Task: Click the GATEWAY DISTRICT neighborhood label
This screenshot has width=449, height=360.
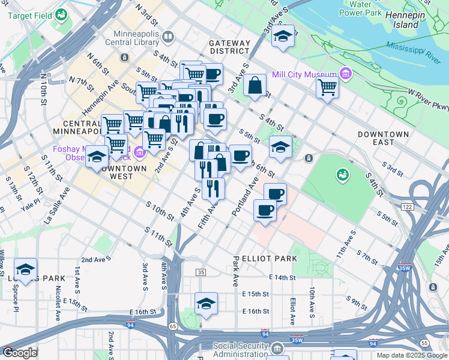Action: point(229,47)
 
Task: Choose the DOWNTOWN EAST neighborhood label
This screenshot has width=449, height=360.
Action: point(384,138)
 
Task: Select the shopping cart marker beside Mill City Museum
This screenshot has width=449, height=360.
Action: point(327,87)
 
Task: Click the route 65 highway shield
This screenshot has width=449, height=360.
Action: point(173,326)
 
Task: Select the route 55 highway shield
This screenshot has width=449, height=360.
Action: point(424,342)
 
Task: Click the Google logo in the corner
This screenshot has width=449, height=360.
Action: point(19,353)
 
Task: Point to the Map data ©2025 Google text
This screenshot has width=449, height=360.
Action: point(411,355)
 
